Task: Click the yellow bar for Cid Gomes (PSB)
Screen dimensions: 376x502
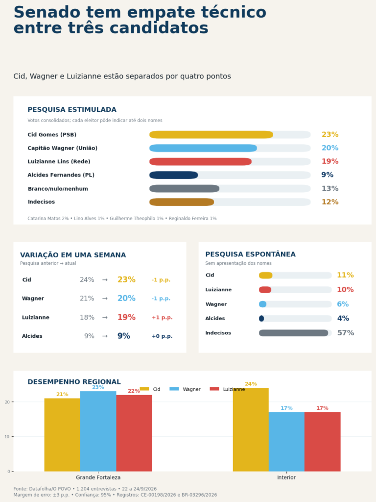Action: point(211,134)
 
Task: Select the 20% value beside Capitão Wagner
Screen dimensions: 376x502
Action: point(330,148)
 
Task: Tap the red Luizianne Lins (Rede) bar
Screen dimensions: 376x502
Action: point(200,161)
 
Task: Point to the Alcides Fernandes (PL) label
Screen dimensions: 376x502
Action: point(61,175)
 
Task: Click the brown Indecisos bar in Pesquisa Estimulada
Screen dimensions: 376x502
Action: point(182,202)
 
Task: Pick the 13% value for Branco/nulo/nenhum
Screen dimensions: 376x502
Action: point(330,189)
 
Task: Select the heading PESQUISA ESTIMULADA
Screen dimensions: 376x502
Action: point(72,109)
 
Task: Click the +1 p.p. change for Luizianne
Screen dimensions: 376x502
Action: point(162,318)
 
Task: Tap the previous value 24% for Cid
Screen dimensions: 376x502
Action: point(87,280)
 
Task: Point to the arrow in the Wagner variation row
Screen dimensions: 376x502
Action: point(105,299)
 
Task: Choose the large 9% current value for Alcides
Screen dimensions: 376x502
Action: point(124,336)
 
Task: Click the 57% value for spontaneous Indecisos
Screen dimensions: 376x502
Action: point(346,333)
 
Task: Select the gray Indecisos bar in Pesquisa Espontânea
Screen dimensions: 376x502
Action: point(294,333)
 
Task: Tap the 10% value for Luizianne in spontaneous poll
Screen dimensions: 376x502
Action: point(345,290)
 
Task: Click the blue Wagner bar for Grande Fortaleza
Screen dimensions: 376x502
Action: point(98,431)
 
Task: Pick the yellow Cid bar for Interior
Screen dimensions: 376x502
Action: point(251,429)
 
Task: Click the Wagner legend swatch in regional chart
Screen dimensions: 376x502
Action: point(174,389)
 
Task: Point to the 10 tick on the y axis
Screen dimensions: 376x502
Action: point(7,437)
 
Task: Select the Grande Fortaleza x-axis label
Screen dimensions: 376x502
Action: point(98,477)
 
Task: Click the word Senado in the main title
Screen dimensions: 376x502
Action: point(47,12)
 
